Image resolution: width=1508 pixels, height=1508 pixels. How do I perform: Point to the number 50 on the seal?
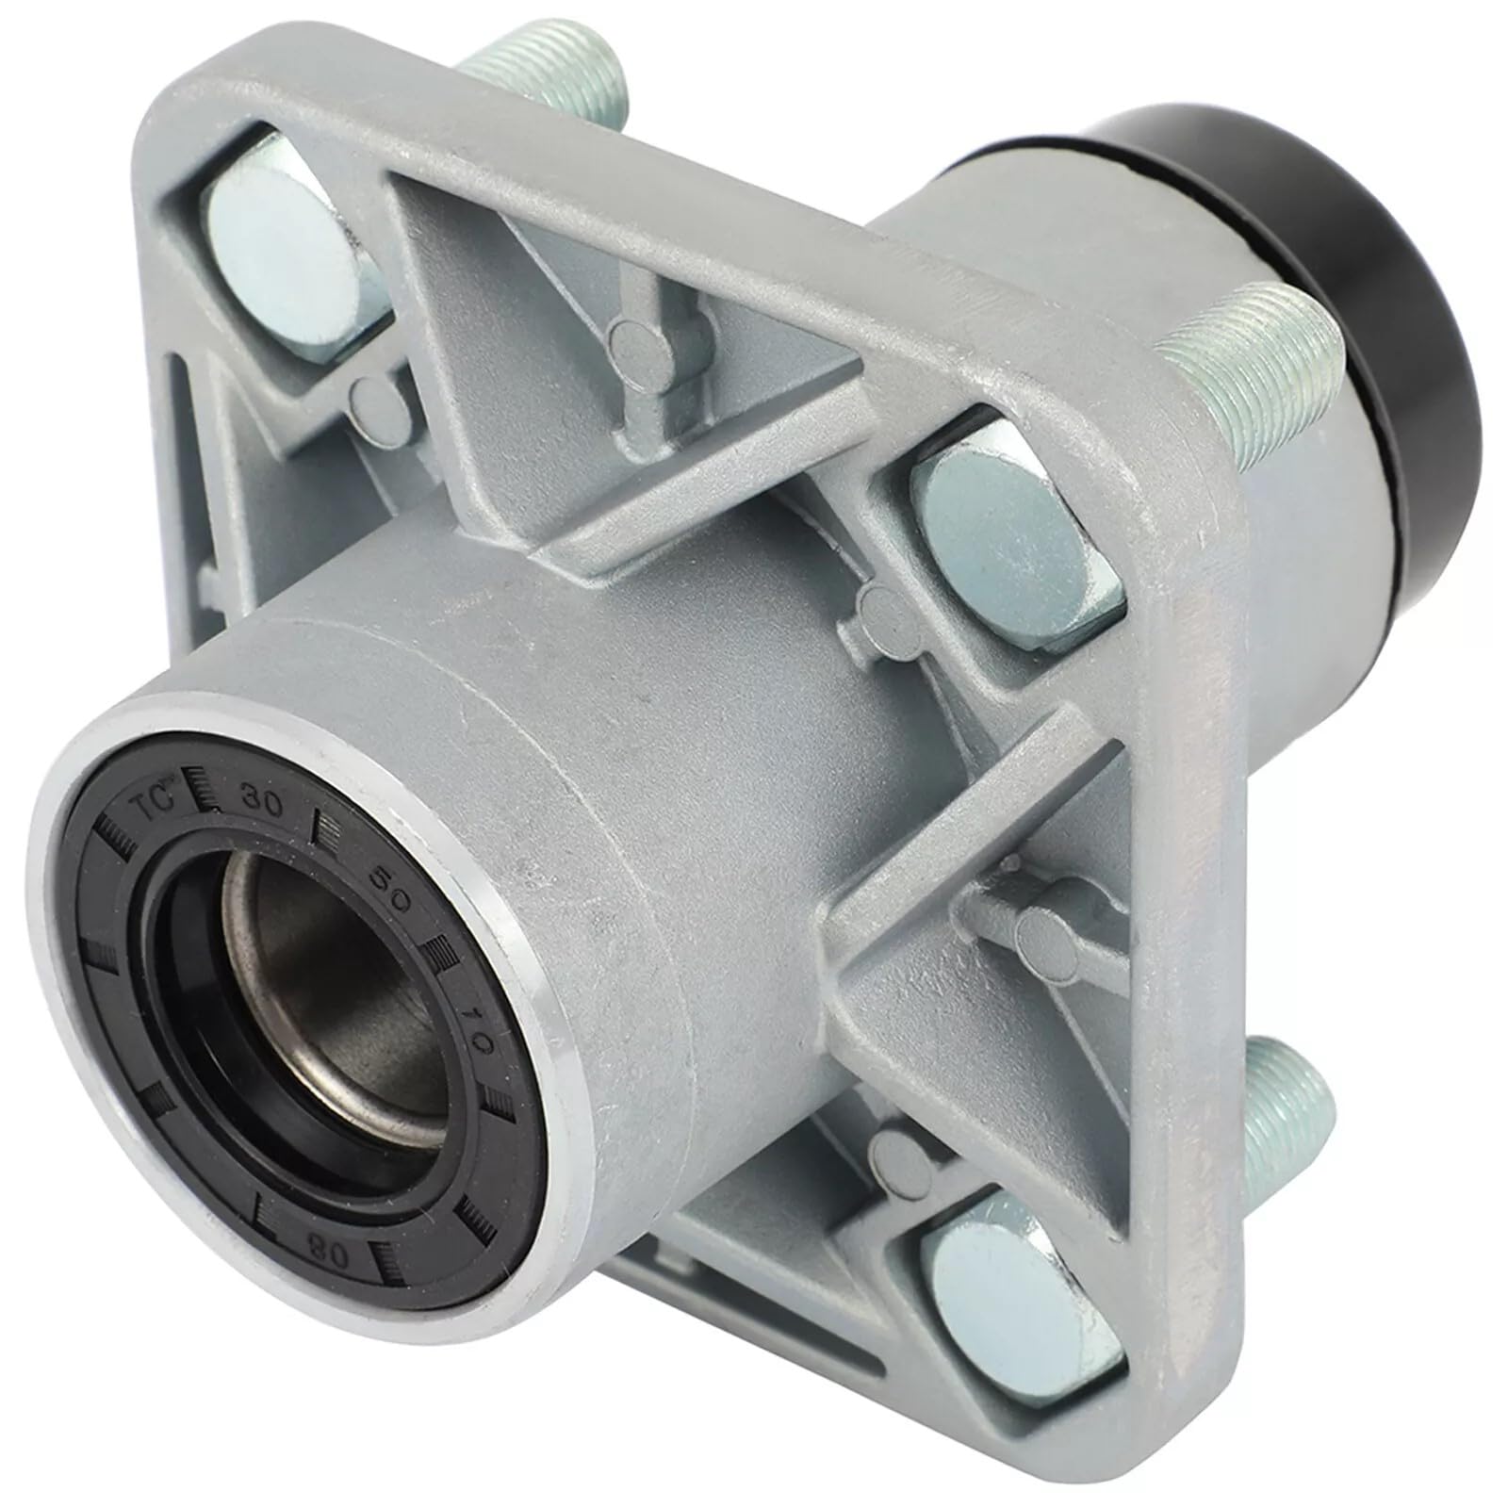(x=393, y=883)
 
